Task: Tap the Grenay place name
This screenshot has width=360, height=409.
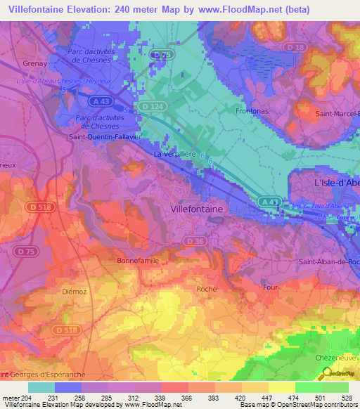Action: pyautogui.click(x=15, y=63)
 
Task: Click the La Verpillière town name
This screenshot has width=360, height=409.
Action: pyautogui.click(x=174, y=153)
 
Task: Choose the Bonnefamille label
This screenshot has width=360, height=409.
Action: pyautogui.click(x=138, y=260)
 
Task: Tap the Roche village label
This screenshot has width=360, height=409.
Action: pyautogui.click(x=207, y=289)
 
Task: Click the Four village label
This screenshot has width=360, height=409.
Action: pyautogui.click(x=269, y=287)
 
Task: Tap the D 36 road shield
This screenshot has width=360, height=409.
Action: pyautogui.click(x=195, y=240)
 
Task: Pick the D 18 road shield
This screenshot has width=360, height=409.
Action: pyautogui.click(x=296, y=47)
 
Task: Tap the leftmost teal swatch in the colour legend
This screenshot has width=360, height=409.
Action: pyautogui.click(x=41, y=387)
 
